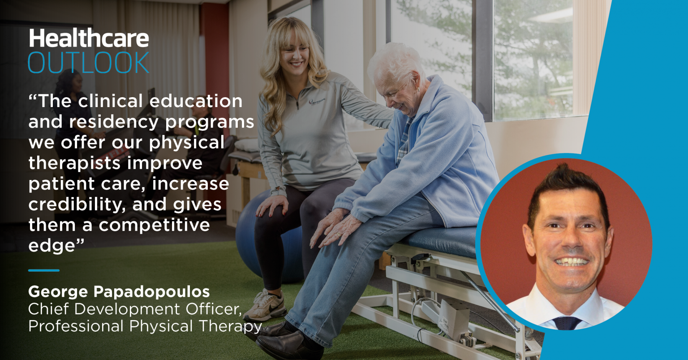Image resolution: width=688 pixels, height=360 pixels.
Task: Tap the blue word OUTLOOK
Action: click(x=89, y=63)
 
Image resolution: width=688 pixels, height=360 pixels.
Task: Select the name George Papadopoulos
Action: click(x=119, y=292)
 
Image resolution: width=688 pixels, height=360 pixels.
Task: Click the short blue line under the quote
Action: click(x=43, y=270)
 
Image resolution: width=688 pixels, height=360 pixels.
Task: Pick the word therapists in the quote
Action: click(x=74, y=163)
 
